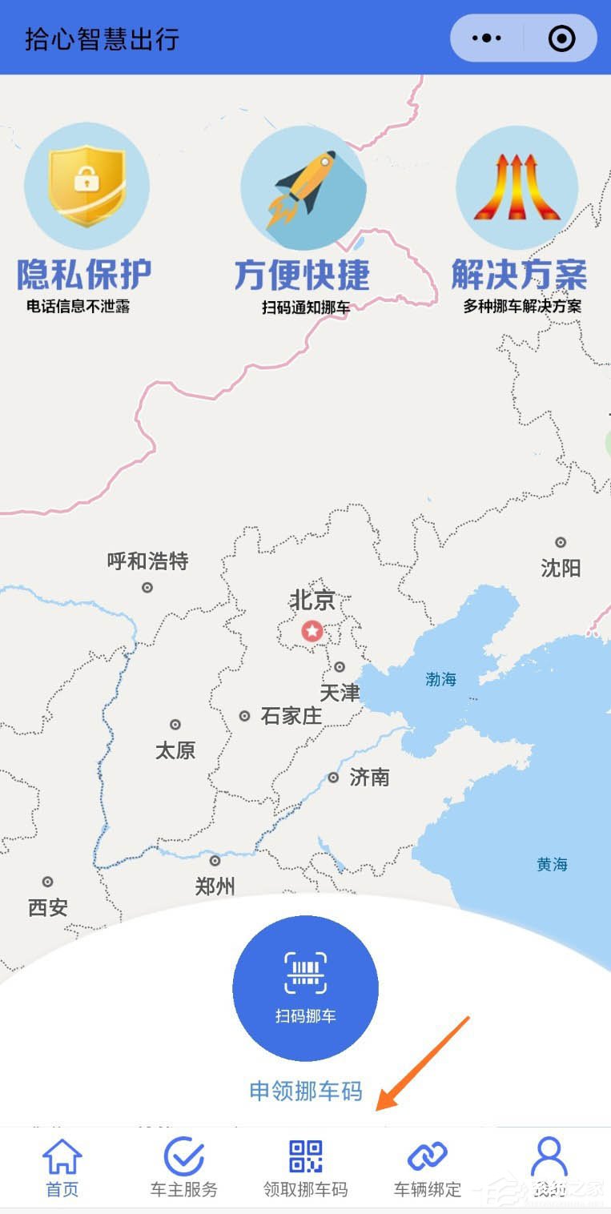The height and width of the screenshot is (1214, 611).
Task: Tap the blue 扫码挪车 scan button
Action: (305, 988)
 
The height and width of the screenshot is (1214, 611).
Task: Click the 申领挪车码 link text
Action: (306, 1091)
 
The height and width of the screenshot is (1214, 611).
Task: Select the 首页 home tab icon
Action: (62, 1157)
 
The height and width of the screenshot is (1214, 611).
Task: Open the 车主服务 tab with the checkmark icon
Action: (183, 1157)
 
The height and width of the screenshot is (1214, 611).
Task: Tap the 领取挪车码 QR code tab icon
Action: (306, 1157)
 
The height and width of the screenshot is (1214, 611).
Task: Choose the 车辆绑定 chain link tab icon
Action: (428, 1157)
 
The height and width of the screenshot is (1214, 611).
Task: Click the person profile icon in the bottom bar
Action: (549, 1157)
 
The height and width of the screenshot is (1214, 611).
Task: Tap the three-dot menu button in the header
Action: (487, 38)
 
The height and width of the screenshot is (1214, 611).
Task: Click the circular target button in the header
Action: (561, 38)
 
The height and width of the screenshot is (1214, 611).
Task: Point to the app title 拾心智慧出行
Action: (102, 38)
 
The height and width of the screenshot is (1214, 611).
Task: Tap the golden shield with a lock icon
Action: (86, 186)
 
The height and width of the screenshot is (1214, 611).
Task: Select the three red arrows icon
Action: (517, 187)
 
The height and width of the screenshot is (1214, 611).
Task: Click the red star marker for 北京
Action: (312, 631)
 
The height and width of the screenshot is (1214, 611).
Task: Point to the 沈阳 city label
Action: (561, 569)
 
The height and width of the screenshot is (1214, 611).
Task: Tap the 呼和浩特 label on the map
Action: (147, 561)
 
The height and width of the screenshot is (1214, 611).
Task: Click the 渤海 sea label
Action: (440, 679)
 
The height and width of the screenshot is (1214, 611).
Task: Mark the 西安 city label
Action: (48, 907)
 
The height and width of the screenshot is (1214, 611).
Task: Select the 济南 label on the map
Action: (369, 777)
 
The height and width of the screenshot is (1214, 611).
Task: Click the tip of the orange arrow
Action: (378, 1109)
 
